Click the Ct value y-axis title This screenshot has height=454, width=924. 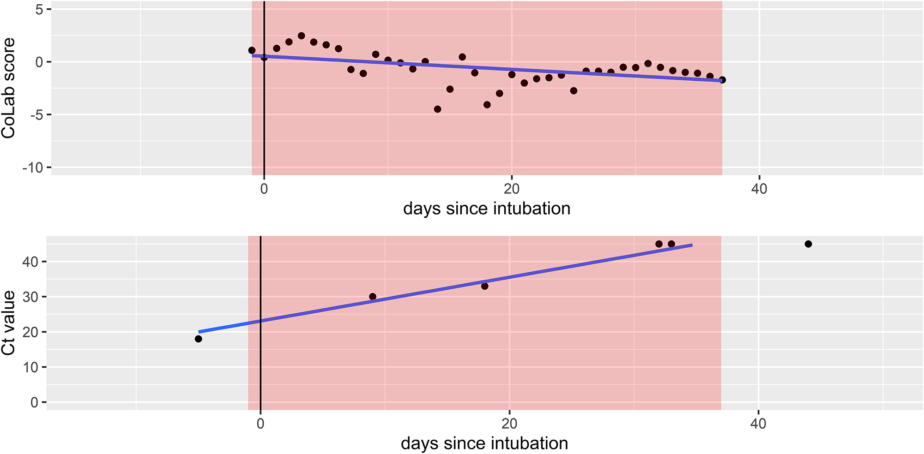pyautogui.click(x=8, y=323)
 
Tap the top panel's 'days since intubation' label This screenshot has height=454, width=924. pyautogui.click(x=487, y=209)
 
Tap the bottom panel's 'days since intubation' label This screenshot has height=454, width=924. pyautogui.click(x=484, y=443)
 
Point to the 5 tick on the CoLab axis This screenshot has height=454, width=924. pyautogui.click(x=39, y=9)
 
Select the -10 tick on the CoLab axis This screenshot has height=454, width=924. pyautogui.click(x=32, y=167)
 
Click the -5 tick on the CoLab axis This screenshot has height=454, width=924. pyautogui.click(x=36, y=114)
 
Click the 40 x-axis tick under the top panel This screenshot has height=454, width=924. pyautogui.click(x=759, y=188)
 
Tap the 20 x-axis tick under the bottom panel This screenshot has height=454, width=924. pyautogui.click(x=509, y=423)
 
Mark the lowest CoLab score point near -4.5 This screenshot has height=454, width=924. pyautogui.click(x=437, y=109)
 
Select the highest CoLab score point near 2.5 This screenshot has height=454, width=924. pyautogui.click(x=301, y=36)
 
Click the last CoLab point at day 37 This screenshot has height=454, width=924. pyautogui.click(x=722, y=80)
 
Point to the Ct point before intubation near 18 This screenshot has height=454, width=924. pyautogui.click(x=199, y=339)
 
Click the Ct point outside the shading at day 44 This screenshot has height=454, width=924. pyautogui.click(x=808, y=244)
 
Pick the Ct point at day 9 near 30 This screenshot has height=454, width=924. pyautogui.click(x=373, y=297)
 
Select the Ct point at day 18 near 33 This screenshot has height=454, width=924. pyautogui.click(x=484, y=286)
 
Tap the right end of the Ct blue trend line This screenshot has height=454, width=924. pyautogui.click(x=692, y=245)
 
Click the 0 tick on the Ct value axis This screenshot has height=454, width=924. pyautogui.click(x=34, y=402)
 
